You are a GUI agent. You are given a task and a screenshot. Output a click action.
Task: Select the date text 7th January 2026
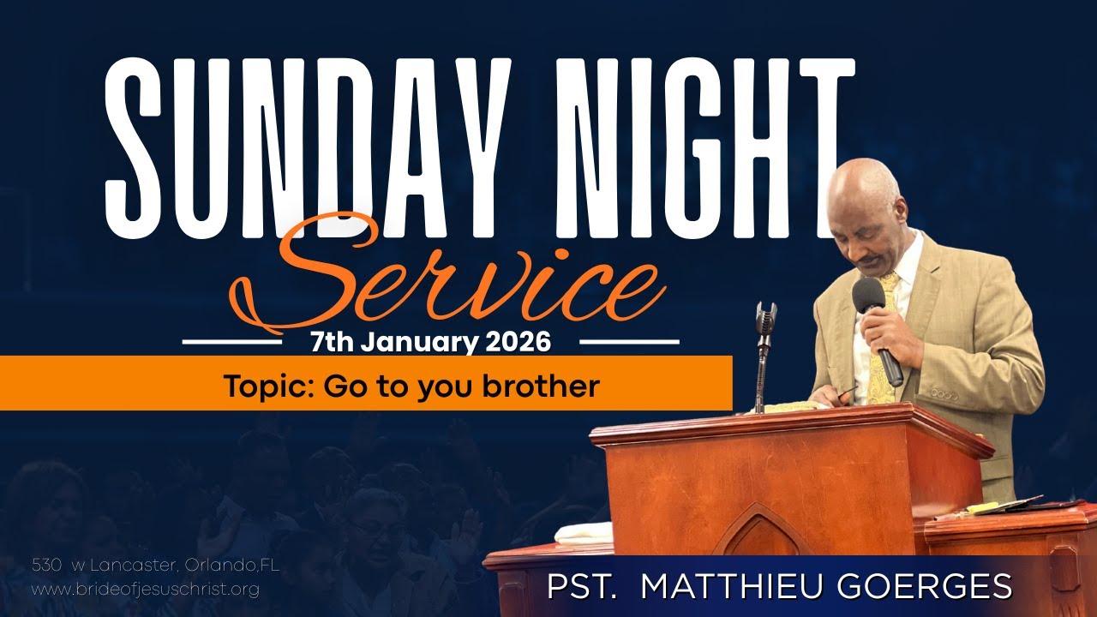[x=430, y=343]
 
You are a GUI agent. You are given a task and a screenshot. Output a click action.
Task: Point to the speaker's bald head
[x=866, y=184]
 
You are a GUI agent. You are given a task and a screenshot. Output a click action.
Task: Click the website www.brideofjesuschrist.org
[x=145, y=590]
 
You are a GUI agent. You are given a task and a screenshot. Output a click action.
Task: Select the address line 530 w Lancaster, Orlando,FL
[x=155, y=566]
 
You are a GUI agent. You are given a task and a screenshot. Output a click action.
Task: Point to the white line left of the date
[x=232, y=342]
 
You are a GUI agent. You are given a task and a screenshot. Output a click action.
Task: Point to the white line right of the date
[x=629, y=342]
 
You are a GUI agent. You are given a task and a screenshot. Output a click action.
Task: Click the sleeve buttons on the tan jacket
[x=944, y=394]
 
